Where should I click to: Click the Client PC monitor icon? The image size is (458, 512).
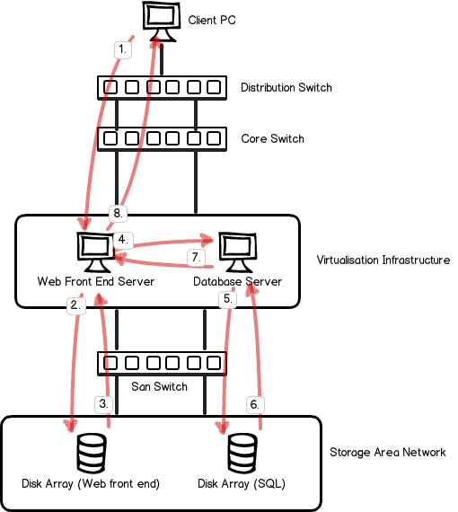point(162,22)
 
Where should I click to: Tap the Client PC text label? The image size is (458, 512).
point(212,21)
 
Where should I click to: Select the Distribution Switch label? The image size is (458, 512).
point(286,87)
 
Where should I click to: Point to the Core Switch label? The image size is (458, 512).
point(273,138)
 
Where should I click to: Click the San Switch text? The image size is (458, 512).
point(159,386)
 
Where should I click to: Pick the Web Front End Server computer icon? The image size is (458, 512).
point(96,252)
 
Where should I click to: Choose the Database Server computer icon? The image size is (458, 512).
point(238,252)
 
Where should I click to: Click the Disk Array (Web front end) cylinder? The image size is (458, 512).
point(92,454)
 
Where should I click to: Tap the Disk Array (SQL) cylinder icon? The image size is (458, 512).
point(242,454)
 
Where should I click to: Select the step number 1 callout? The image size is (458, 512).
point(123,49)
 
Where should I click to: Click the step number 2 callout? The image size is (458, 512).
point(76,305)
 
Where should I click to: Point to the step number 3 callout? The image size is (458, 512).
point(104,404)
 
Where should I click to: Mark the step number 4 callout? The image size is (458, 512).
point(123,240)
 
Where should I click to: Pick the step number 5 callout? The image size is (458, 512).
point(228,299)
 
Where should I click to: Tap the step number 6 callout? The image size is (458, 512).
point(255,405)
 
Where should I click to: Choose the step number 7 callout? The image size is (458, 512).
point(196,258)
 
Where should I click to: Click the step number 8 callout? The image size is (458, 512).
point(119,214)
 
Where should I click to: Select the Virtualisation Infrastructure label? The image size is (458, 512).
point(383,260)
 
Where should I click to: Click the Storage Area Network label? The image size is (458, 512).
point(388,452)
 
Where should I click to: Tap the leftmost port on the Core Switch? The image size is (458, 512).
point(110,138)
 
